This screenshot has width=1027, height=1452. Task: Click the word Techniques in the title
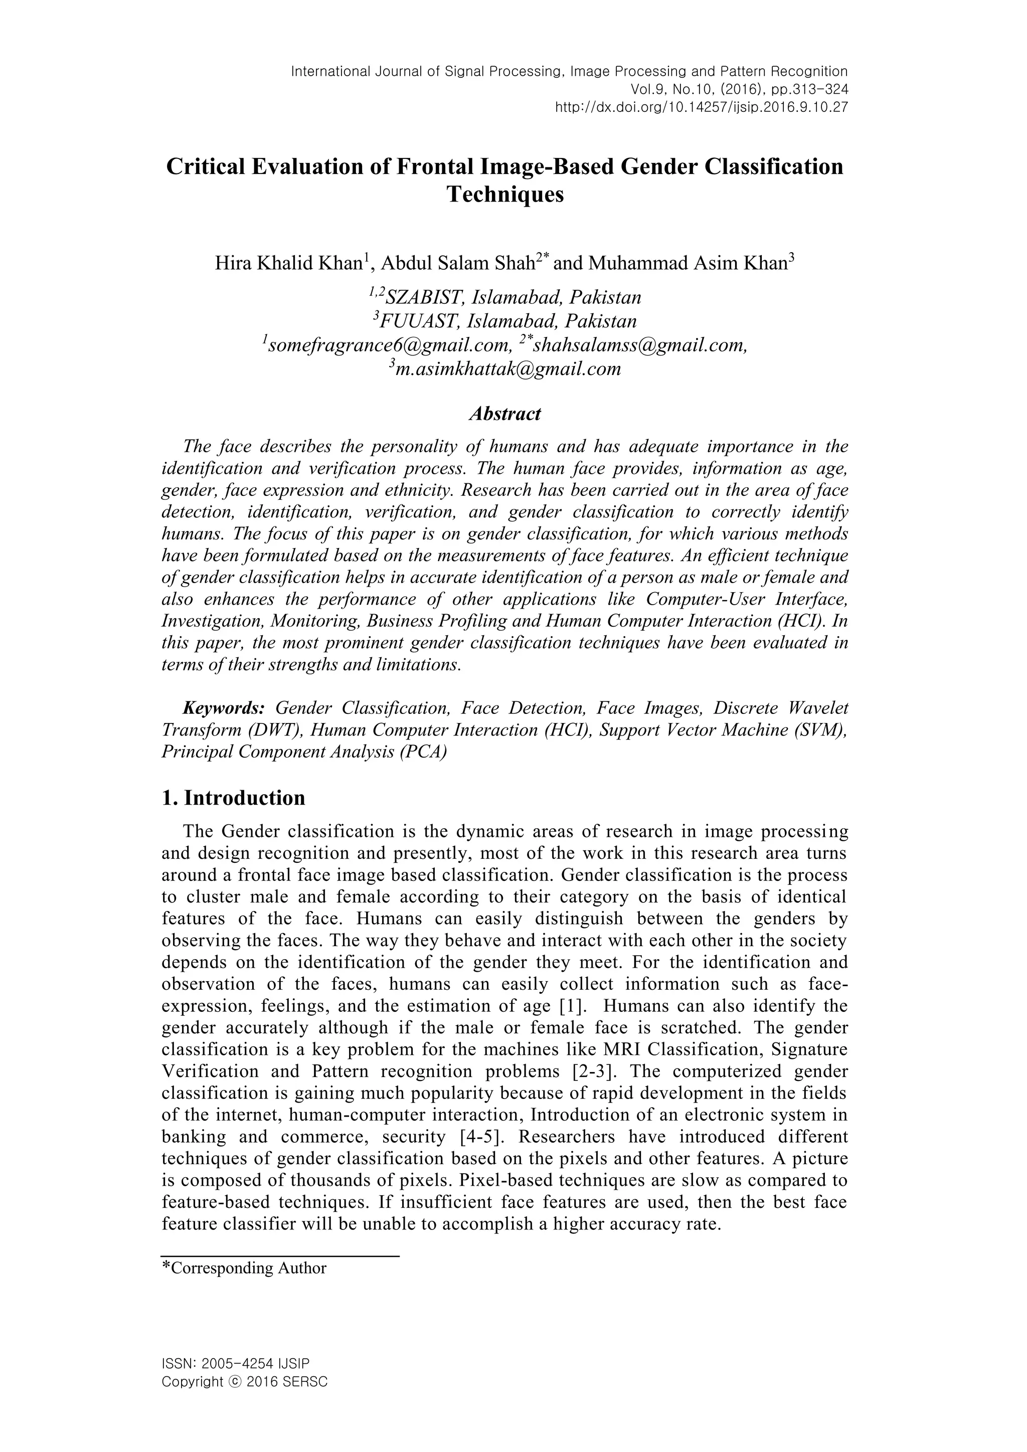[504, 194]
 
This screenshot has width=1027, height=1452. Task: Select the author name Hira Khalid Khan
[288, 263]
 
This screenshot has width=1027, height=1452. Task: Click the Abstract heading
[504, 414]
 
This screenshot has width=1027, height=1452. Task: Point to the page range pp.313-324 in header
[810, 89]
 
